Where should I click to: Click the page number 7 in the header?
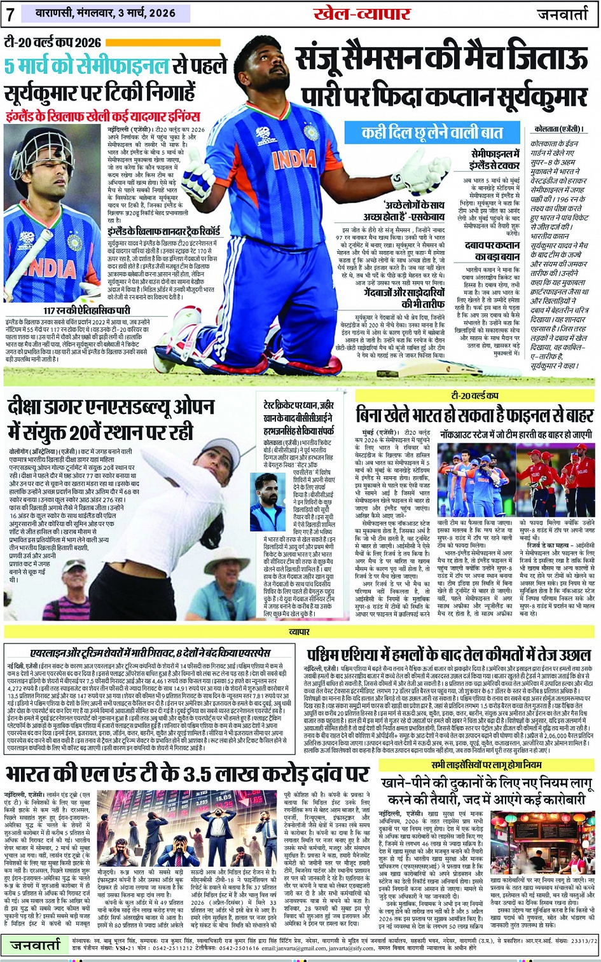coord(11,13)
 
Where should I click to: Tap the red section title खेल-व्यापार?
coord(353,13)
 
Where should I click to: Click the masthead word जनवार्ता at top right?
coord(565,14)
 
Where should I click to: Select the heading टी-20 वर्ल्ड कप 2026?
coord(53,43)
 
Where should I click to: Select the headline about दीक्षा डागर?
coord(111,419)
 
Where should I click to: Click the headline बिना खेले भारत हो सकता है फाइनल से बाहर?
coord(474,415)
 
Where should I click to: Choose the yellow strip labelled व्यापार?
coord(299,632)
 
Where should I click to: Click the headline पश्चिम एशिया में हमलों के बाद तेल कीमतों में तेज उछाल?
coord(449,654)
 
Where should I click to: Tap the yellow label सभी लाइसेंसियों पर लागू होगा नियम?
coord(487,765)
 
